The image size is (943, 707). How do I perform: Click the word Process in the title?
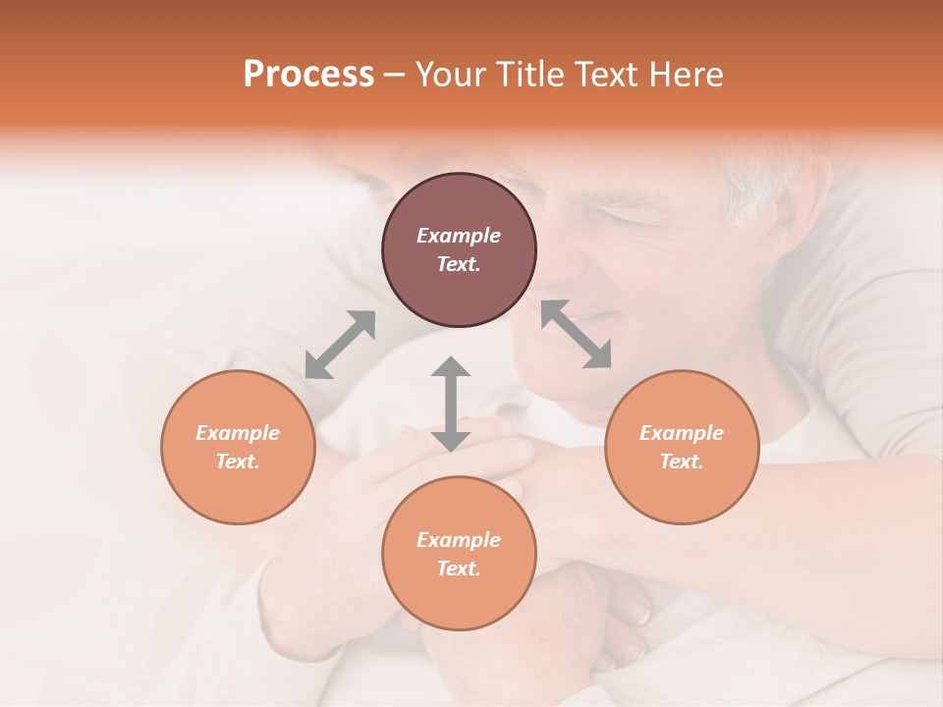pyautogui.click(x=308, y=75)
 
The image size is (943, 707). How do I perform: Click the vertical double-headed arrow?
pyautogui.click(x=451, y=404)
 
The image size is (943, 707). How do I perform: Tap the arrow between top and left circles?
pyautogui.click(x=340, y=345)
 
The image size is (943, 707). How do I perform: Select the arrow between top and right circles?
pyautogui.click(x=577, y=334)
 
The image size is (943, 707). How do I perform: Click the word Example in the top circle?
pyautogui.click(x=459, y=236)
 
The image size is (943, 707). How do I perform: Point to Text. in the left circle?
pyautogui.click(x=238, y=462)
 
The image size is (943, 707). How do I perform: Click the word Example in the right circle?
pyautogui.click(x=682, y=433)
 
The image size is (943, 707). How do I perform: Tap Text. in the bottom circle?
pyautogui.click(x=459, y=569)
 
